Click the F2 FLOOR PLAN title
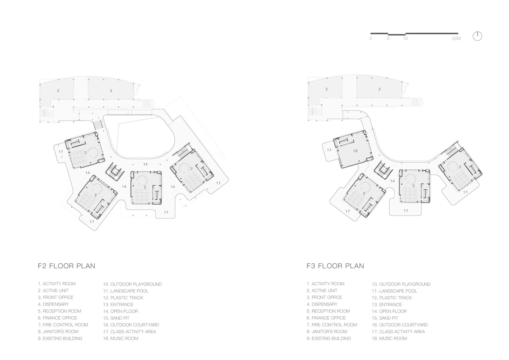click(66, 266)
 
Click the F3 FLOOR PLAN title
click(335, 266)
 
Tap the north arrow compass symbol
click(478, 36)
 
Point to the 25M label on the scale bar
click(456, 39)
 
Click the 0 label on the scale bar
click(371, 39)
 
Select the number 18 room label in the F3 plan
click(355, 151)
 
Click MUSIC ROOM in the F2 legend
click(124, 338)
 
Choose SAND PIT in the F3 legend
click(389, 318)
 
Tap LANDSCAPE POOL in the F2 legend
click(129, 291)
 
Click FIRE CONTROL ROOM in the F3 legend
click(334, 325)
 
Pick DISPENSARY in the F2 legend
click(56, 304)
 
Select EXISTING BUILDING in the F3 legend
click(331, 338)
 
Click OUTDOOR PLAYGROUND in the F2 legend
click(136, 284)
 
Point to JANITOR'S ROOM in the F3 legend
click(329, 332)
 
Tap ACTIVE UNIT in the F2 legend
click(56, 291)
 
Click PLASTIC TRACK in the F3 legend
click(395, 298)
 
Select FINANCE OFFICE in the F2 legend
click(60, 318)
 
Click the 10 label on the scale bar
click(406, 39)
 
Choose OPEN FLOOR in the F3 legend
click(393, 311)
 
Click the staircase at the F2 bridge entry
click(98, 124)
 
